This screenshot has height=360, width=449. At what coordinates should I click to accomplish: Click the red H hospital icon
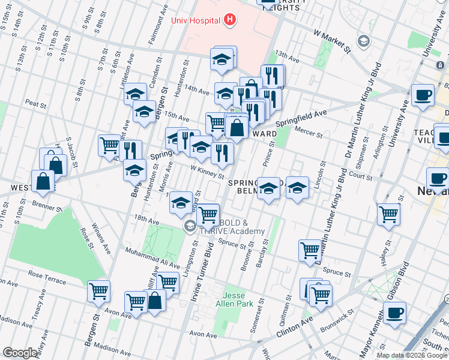click(229, 20)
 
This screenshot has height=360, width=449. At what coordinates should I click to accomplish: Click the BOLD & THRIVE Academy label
click(234, 227)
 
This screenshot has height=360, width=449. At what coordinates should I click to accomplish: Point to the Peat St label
click(36, 104)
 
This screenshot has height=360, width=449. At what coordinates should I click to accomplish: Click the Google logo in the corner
click(20, 353)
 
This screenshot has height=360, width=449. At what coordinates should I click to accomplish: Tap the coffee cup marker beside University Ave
click(423, 95)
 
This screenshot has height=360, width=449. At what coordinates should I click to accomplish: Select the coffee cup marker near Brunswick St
click(394, 313)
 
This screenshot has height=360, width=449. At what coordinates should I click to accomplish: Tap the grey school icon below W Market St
click(363, 41)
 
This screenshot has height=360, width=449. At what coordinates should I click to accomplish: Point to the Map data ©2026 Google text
click(412, 355)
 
